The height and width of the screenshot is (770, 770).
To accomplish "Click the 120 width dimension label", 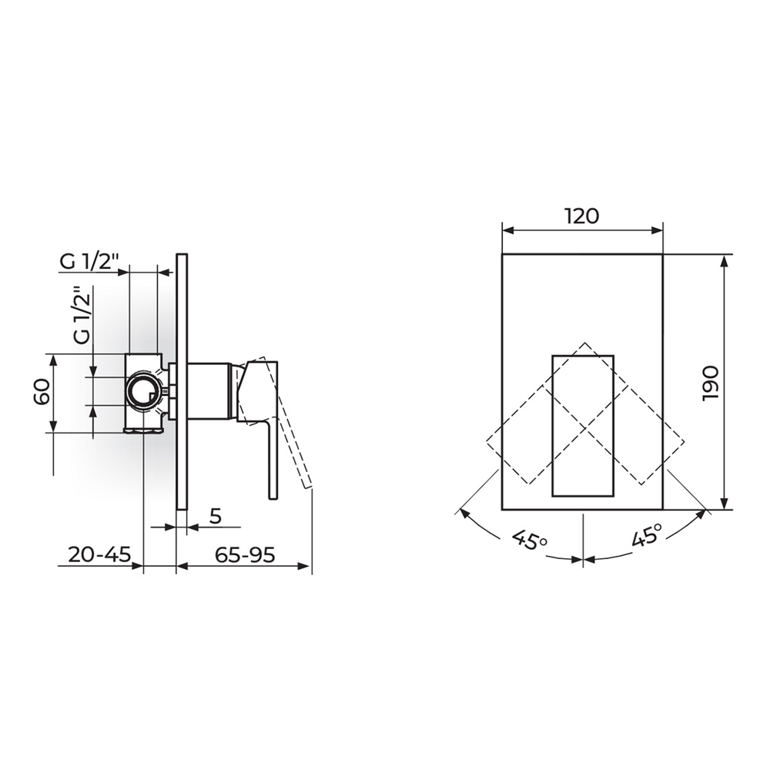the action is tap(581, 216).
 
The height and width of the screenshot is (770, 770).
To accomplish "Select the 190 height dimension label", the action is tap(711, 383).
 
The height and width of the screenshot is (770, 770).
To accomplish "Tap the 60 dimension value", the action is tap(42, 391).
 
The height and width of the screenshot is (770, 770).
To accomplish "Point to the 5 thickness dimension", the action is tap(216, 516).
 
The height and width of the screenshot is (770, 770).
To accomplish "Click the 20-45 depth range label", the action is tap(99, 555).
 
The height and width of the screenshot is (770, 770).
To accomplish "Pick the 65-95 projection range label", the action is tap(245, 555).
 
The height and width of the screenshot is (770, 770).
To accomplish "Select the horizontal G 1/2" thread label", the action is tap(89, 263).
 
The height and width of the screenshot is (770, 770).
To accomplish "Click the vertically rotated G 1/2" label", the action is tap(83, 316).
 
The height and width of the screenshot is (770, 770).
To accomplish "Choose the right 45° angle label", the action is tap(647, 535).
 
